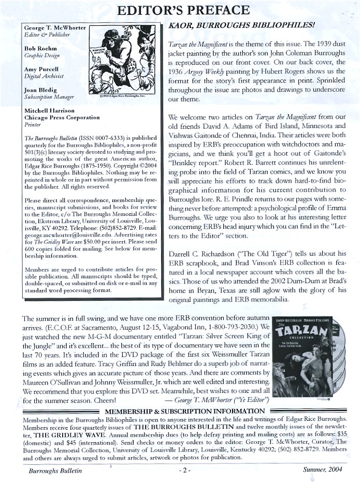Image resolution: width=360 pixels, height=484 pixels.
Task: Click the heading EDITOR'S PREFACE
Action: pos(180,10)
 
